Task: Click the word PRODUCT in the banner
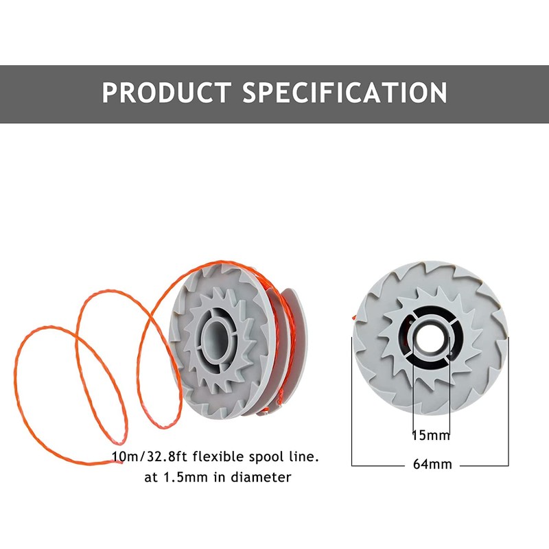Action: [166, 93]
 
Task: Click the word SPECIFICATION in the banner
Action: [345, 93]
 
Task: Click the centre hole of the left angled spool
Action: [218, 336]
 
